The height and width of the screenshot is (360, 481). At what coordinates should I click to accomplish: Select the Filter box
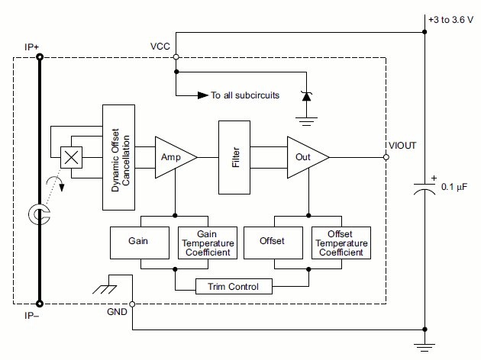click(x=234, y=156)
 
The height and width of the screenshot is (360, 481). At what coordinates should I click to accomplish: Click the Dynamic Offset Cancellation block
click(x=118, y=157)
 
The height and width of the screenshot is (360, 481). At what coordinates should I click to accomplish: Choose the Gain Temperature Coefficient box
click(x=208, y=242)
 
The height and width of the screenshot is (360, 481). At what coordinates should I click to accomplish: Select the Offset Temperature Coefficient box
click(x=341, y=242)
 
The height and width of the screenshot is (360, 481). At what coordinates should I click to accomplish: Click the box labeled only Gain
click(x=138, y=242)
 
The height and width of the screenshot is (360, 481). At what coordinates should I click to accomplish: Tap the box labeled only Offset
click(x=271, y=242)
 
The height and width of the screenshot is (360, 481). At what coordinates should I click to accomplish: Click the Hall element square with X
click(x=71, y=157)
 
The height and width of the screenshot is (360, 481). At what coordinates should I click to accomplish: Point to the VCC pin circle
click(x=176, y=57)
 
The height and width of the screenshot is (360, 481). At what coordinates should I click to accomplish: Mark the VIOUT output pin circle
click(x=386, y=157)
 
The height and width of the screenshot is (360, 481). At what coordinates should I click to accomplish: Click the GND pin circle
click(x=133, y=304)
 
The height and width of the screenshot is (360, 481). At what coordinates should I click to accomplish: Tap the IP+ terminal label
click(x=32, y=47)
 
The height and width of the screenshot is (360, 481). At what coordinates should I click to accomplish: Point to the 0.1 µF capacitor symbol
click(x=424, y=188)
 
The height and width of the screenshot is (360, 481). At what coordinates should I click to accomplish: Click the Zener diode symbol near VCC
click(x=306, y=96)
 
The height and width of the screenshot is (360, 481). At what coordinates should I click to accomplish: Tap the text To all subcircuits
click(x=245, y=96)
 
